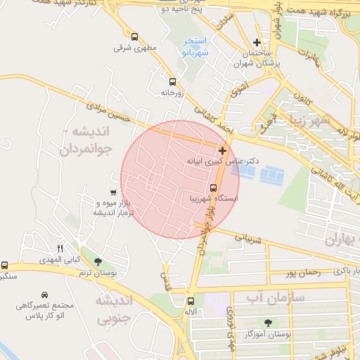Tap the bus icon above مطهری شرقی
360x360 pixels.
click(134, 36)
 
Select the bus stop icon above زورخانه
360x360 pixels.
click(172, 82)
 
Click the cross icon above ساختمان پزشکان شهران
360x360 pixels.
click(257, 43)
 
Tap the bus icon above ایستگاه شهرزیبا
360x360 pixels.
click(213, 187)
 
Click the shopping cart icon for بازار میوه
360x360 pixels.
click(113, 193)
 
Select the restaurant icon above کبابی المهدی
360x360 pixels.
click(60, 248)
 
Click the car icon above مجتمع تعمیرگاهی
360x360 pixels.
click(45, 294)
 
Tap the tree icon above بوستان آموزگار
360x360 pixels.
click(267, 323)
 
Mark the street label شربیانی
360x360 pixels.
click(247, 240)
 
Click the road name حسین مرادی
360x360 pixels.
click(108, 113)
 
